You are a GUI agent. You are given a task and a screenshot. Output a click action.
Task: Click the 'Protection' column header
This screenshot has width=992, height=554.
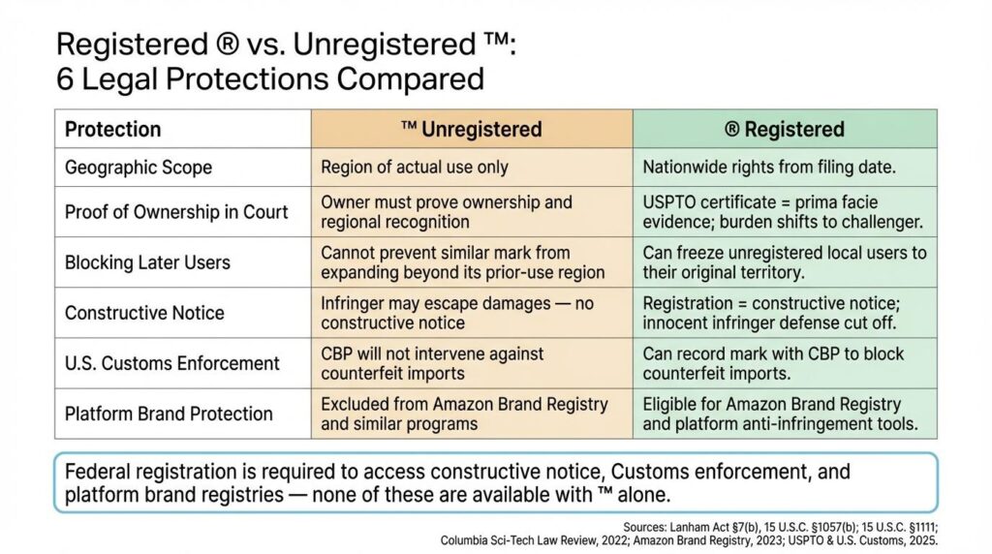click(x=112, y=129)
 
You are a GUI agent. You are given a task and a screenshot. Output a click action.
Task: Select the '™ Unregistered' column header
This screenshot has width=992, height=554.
click(x=472, y=129)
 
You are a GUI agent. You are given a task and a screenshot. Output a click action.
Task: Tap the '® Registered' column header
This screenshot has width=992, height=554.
click(x=785, y=129)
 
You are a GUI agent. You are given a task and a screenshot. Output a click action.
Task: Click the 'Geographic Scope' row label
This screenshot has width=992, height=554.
click(x=138, y=168)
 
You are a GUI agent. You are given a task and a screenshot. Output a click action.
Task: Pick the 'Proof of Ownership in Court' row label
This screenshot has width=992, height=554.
click(x=176, y=212)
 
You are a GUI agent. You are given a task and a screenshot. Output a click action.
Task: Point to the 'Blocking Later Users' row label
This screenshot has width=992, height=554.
click(x=147, y=262)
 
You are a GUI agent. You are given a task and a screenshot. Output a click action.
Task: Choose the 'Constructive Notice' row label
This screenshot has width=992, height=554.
click(x=144, y=313)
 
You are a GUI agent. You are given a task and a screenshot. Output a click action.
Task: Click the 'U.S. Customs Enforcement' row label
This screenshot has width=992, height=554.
click(x=171, y=363)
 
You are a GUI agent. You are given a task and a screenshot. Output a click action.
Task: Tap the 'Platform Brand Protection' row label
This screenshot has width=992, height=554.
click(x=169, y=415)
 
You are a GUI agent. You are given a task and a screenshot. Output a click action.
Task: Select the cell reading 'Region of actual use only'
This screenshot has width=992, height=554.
click(x=415, y=167)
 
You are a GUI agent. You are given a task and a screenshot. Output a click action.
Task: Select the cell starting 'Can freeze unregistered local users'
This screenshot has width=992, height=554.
click(x=785, y=262)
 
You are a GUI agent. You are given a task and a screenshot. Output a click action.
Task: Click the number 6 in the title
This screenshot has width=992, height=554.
click(x=64, y=79)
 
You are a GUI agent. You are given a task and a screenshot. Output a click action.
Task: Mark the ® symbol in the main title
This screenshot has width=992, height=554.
click(x=227, y=45)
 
